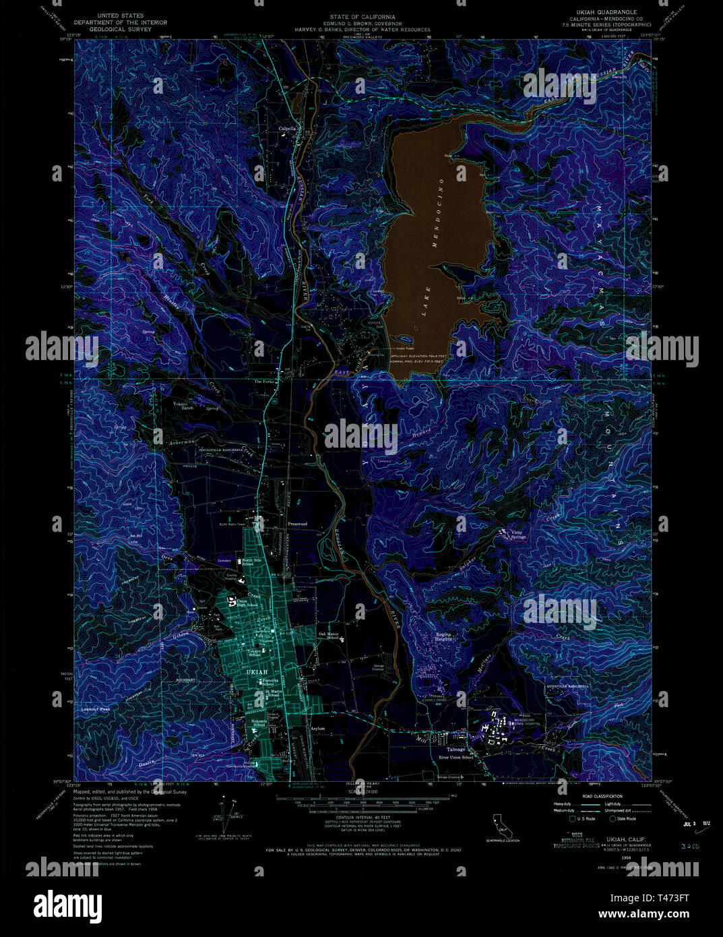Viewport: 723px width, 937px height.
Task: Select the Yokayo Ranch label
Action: point(183,406)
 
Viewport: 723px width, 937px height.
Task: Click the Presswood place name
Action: point(297,523)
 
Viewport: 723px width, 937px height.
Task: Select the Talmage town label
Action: point(457,749)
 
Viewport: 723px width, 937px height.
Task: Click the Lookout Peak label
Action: point(94,709)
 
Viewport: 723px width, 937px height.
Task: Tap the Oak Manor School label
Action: point(328,635)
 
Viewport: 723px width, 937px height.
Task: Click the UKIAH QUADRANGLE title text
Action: point(602,12)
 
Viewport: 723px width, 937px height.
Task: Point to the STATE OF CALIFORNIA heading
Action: point(362,16)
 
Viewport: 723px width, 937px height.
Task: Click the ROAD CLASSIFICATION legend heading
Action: point(588,796)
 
